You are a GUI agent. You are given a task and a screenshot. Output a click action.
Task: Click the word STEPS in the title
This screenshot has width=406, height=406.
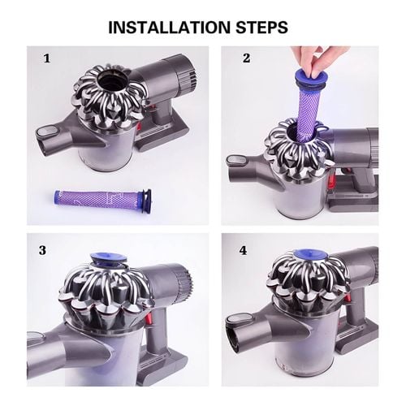(x=261, y=27)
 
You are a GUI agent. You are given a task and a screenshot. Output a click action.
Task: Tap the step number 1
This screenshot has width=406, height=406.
(x=47, y=58)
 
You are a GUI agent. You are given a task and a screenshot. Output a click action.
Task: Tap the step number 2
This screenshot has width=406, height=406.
(x=246, y=58)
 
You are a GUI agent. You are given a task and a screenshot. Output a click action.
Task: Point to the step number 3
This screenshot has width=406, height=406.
(x=42, y=250)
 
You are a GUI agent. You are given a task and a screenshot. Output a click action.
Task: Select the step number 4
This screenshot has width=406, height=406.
(x=243, y=251)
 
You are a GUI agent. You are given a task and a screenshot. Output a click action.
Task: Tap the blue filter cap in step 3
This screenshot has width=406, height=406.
(x=108, y=259)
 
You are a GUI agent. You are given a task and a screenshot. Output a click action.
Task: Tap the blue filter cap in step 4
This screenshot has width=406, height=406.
(x=311, y=255)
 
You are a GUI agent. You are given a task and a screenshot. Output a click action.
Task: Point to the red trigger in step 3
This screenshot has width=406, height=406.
(x=148, y=317)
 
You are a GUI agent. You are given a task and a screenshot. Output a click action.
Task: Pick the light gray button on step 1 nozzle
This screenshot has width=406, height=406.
(x=46, y=132)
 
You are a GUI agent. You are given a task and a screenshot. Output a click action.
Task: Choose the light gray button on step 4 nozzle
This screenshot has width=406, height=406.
(x=239, y=321)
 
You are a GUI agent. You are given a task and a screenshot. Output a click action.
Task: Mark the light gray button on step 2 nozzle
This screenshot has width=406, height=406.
(x=237, y=160)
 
